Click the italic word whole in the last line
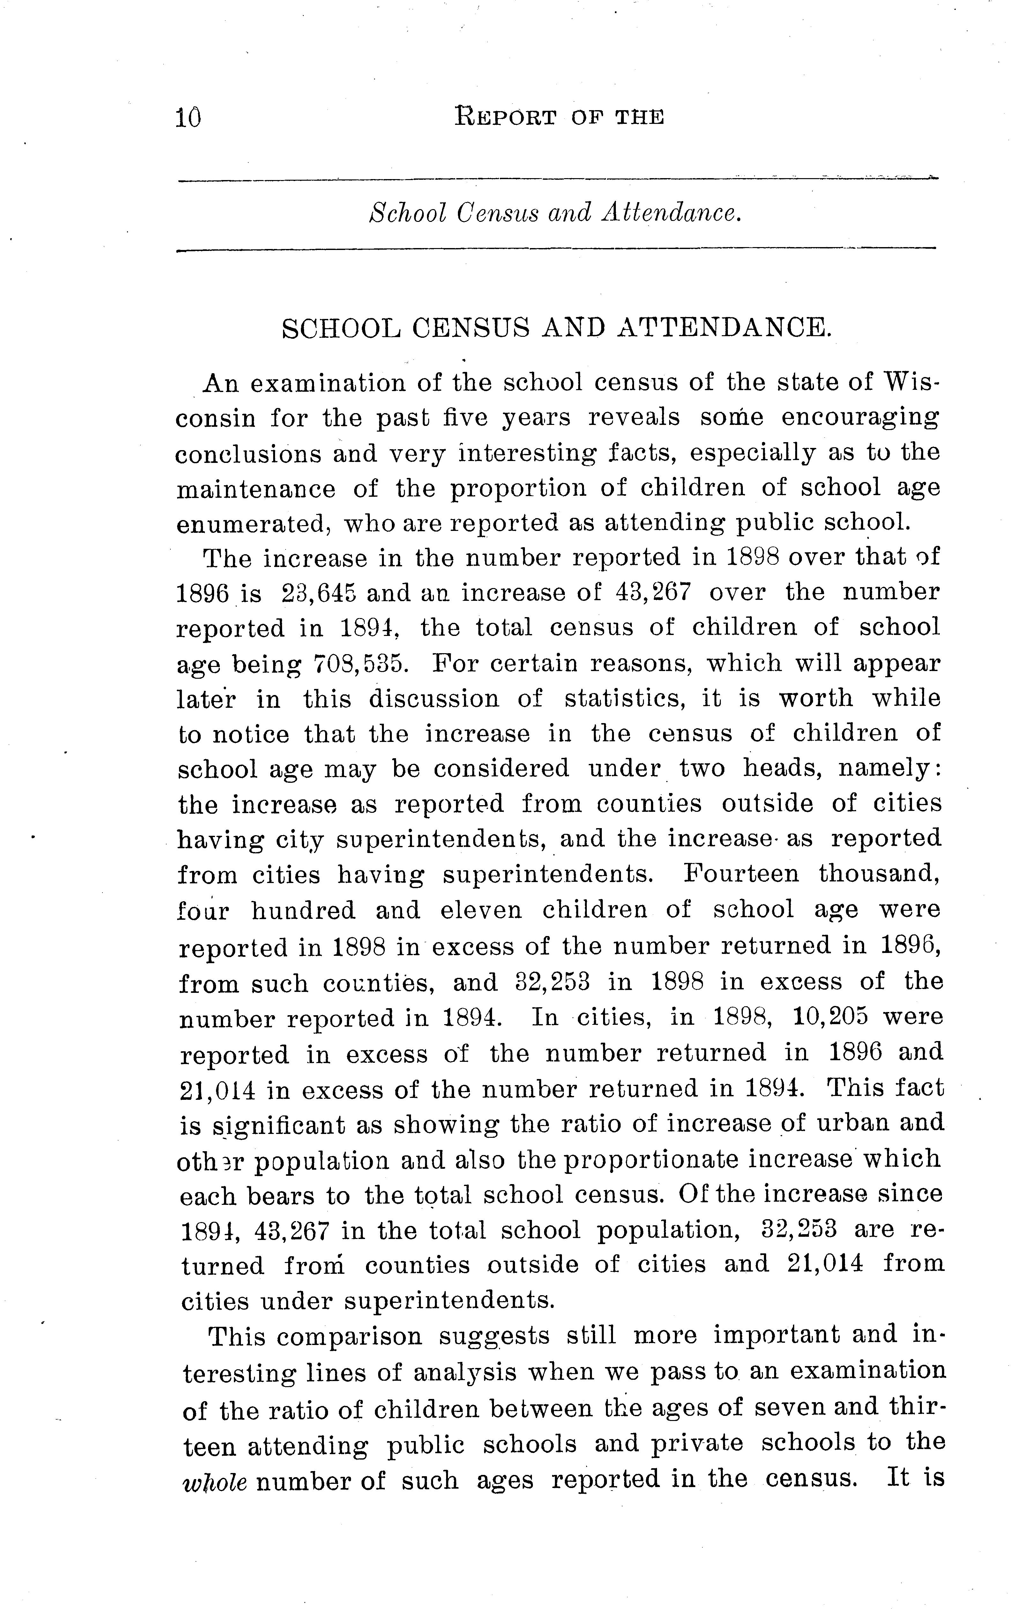tap(214, 1480)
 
